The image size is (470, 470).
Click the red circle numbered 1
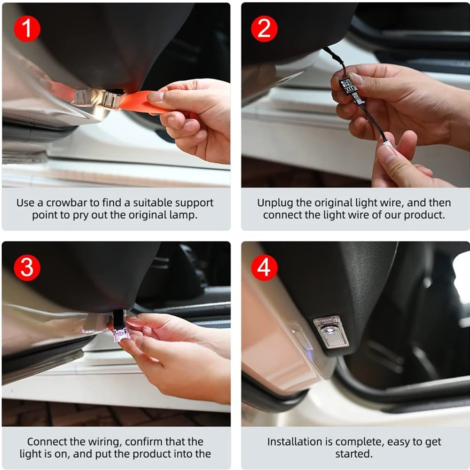click(27, 29)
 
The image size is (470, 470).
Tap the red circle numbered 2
click(264, 29)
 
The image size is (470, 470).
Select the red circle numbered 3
click(27, 268)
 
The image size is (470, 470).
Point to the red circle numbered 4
click(264, 268)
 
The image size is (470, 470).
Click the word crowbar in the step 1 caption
click(69, 203)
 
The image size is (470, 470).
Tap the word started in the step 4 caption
click(354, 454)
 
